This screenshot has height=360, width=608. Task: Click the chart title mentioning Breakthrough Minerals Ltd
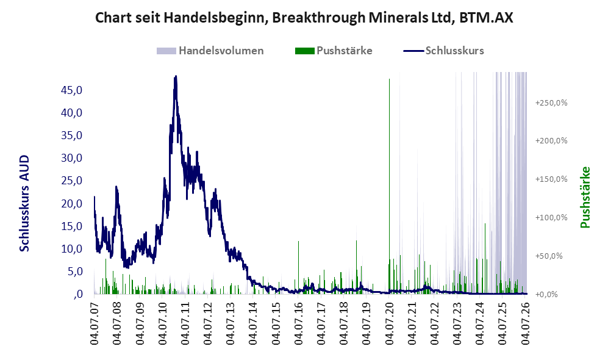click(x=304, y=18)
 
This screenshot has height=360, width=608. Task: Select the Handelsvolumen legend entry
click(x=210, y=51)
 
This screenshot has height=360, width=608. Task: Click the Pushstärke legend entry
click(x=334, y=51)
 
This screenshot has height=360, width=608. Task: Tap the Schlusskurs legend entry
click(x=443, y=51)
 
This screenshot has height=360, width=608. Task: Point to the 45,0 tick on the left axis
click(x=72, y=90)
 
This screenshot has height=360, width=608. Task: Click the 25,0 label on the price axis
click(x=72, y=181)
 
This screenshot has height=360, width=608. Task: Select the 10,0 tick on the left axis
click(x=72, y=249)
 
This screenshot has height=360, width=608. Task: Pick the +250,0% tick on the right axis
click(x=551, y=103)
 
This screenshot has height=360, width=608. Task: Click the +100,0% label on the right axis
click(x=551, y=217)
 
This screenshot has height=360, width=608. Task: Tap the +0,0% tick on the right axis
click(x=547, y=294)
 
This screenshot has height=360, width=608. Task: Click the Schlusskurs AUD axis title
click(x=24, y=203)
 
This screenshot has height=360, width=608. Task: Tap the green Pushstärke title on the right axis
click(x=585, y=197)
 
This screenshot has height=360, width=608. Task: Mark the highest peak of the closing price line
click(x=176, y=76)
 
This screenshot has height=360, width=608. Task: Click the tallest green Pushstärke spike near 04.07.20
click(x=389, y=186)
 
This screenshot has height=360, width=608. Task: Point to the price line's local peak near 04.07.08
click(x=116, y=187)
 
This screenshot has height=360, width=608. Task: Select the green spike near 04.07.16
click(x=299, y=268)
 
